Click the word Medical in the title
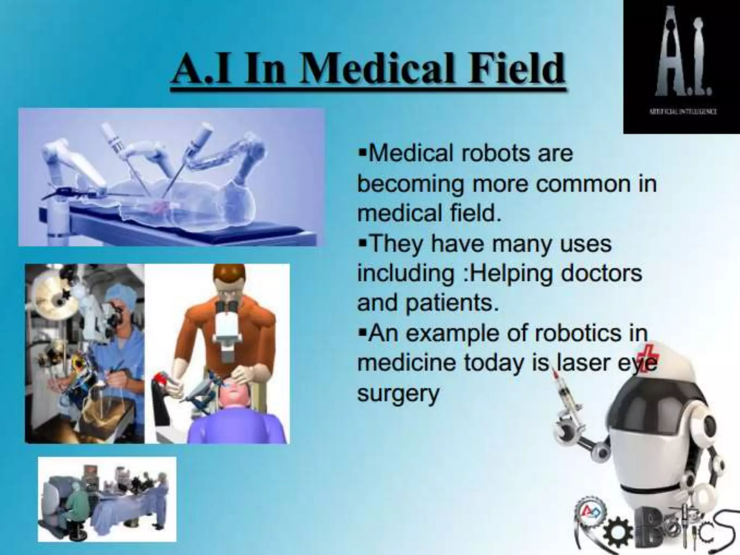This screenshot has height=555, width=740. point(376,69)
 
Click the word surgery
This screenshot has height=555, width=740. point(398,393)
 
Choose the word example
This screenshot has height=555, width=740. point(466,333)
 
